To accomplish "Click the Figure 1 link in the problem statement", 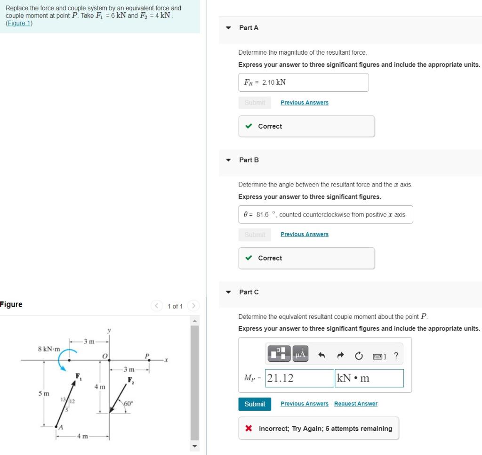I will pos(19,24).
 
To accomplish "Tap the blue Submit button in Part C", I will pos(255,404).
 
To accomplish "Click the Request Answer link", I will pos(355,404).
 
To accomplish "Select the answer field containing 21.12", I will pos(299,378).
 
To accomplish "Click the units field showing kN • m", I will pos(369,378).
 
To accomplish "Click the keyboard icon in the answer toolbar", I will pos(379,356).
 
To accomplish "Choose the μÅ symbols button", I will pos(300,354).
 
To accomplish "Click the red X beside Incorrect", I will pos(249,429).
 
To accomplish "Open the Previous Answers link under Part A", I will pos(304,103).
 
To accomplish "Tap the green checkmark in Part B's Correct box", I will pos(249,258).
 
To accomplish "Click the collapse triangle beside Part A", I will pos(228,28).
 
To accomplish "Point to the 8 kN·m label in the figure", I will pos(49,349).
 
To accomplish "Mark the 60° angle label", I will pos(129,404).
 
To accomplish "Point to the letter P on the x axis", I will pos(147,355).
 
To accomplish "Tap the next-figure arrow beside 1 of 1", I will pos(193,306).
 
